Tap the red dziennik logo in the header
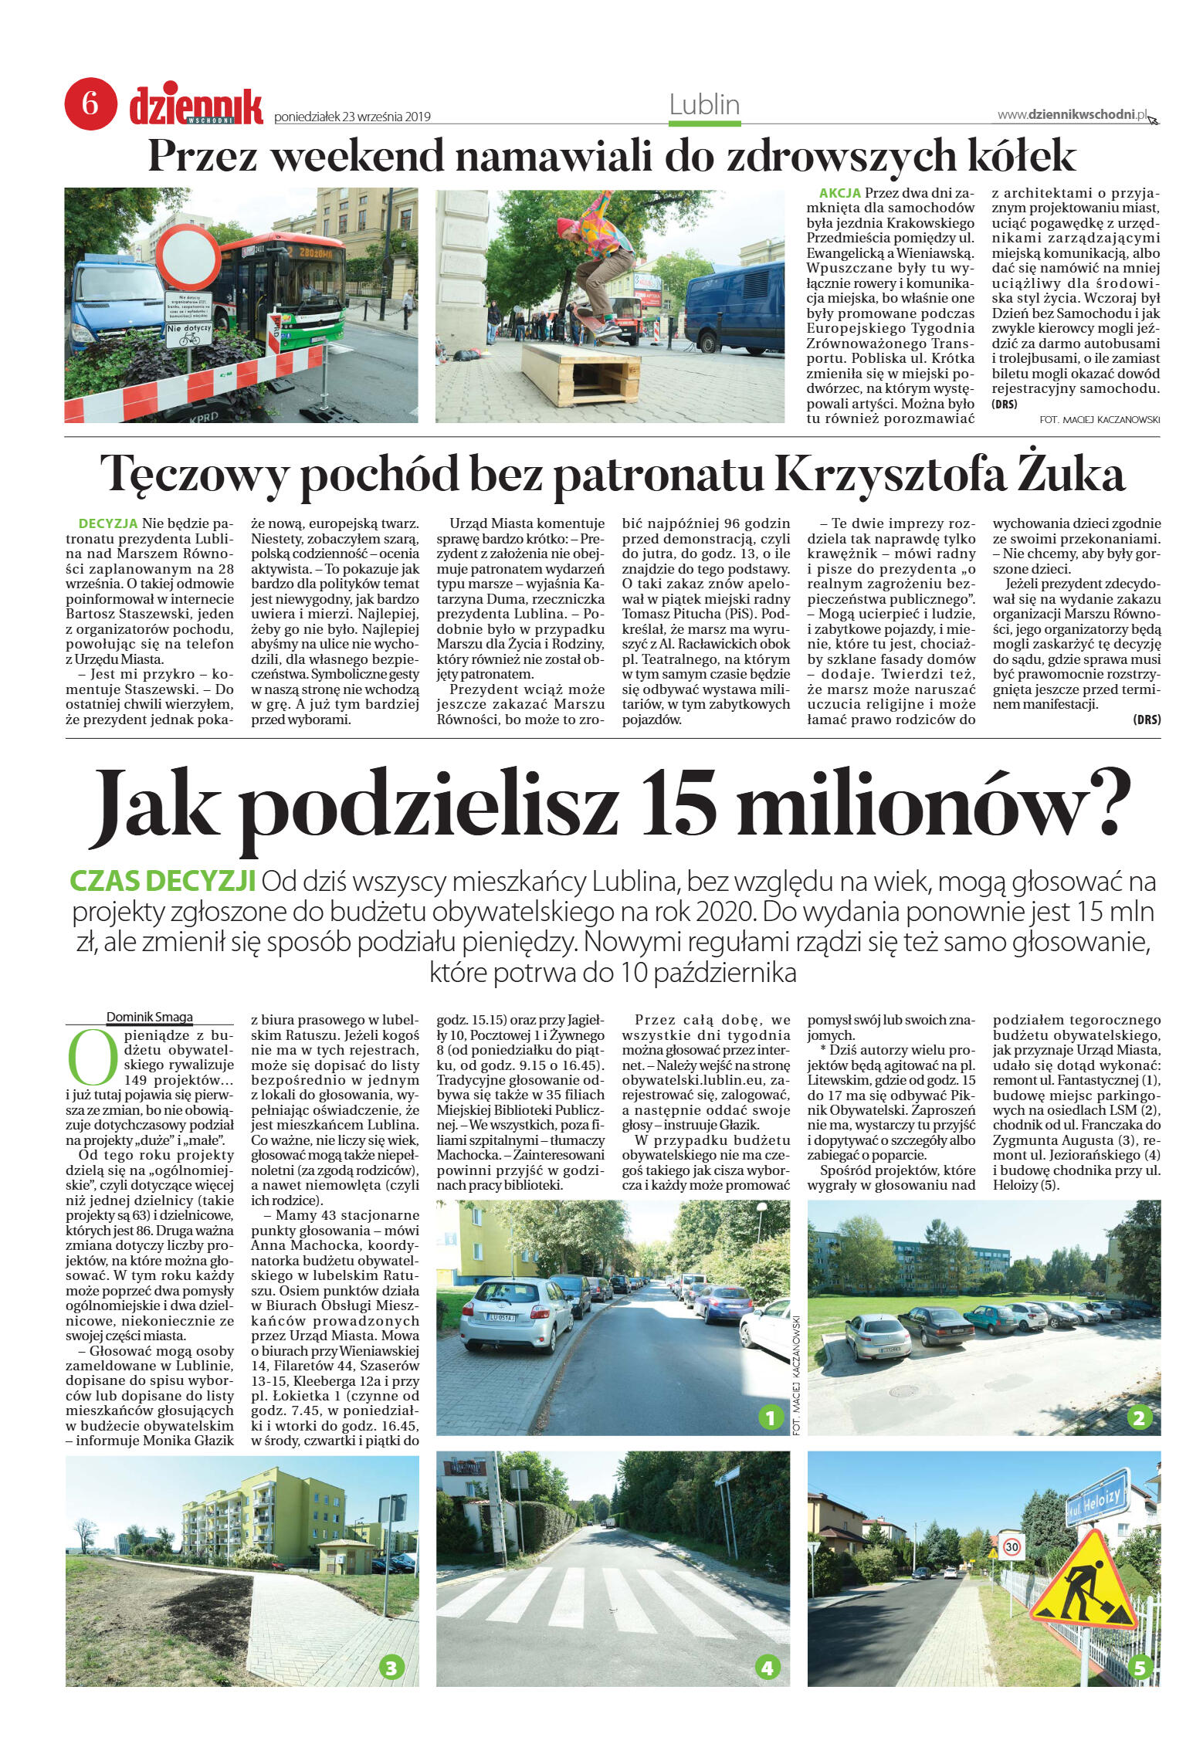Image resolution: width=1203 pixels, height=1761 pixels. pyautogui.click(x=196, y=107)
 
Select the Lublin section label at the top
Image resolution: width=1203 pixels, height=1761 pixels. pyautogui.click(x=704, y=105)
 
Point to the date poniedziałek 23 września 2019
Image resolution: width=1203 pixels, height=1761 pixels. pyautogui.click(x=352, y=117)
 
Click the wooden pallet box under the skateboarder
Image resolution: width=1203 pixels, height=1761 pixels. pyautogui.click(x=580, y=374)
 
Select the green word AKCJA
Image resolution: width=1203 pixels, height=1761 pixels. pyautogui.click(x=840, y=193)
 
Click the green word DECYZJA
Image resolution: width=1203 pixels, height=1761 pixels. pyautogui.click(x=108, y=523)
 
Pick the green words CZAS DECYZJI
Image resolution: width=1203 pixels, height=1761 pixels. pyautogui.click(x=163, y=881)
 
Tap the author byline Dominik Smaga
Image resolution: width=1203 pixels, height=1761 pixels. pyautogui.click(x=150, y=1017)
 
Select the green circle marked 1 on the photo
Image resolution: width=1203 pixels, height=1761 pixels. pyautogui.click(x=770, y=1417)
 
